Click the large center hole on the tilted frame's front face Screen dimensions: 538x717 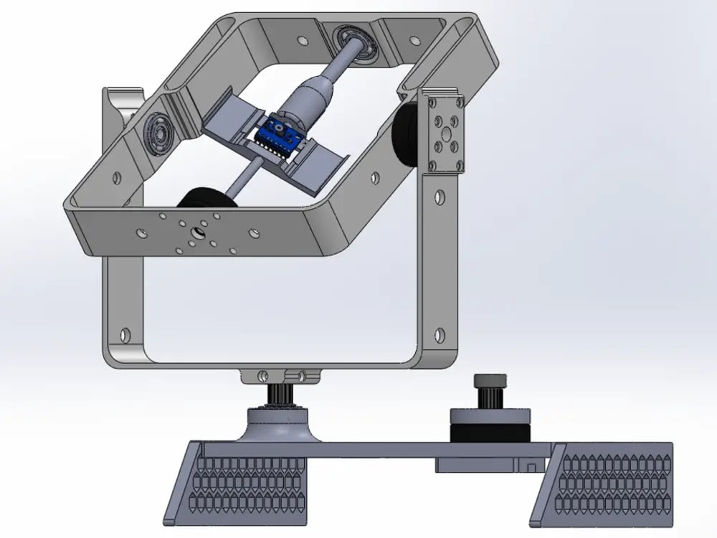195,232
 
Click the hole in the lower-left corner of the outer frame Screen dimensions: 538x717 127,335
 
